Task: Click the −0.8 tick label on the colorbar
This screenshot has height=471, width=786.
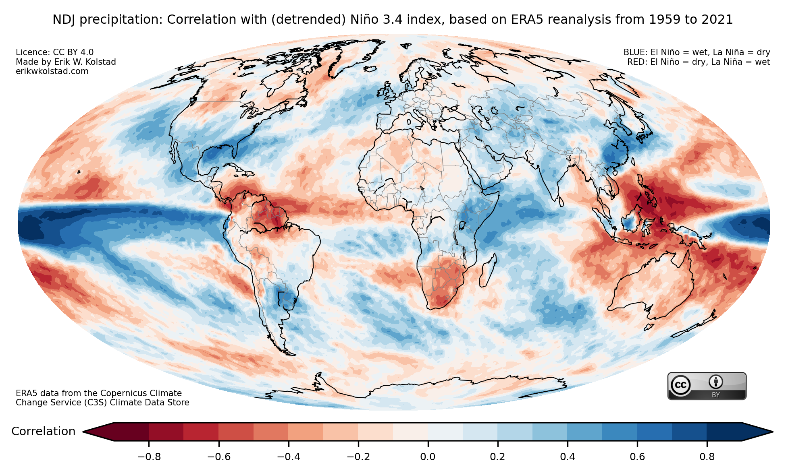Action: coord(149,457)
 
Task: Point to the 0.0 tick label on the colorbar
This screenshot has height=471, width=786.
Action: coord(428,457)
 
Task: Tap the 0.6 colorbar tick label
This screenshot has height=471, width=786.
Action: coord(637,457)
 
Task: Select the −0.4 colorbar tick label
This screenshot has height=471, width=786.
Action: coord(288,457)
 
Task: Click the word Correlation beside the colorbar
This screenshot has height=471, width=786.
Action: coord(43,432)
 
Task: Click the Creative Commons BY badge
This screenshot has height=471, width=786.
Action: coord(707,386)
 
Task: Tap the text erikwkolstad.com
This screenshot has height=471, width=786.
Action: coord(52,71)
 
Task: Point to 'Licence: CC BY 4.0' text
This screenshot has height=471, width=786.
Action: coord(54,52)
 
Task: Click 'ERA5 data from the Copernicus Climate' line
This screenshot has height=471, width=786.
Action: coord(99,393)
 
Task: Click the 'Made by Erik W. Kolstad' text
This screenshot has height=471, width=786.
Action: coord(66,62)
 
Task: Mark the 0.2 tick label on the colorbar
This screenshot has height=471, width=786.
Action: coord(497,457)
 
